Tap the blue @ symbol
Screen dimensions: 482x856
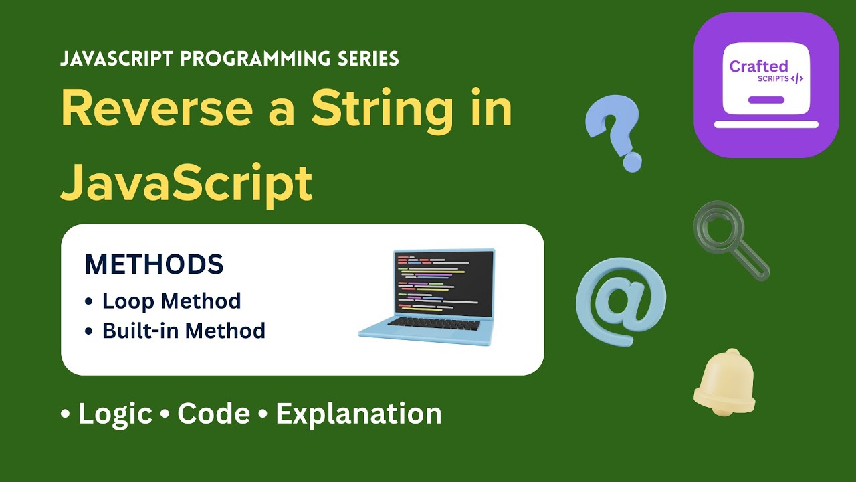click(x=621, y=302)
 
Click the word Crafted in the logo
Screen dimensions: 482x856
click(x=758, y=66)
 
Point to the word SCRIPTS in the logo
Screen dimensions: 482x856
click(x=773, y=79)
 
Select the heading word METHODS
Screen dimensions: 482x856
click(x=154, y=265)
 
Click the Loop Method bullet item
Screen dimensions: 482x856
click(x=171, y=301)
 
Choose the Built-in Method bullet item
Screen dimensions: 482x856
click(x=183, y=331)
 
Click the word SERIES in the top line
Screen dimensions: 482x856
click(x=367, y=59)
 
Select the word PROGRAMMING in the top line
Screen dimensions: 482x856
click(x=257, y=59)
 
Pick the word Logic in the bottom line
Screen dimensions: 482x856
click(x=115, y=414)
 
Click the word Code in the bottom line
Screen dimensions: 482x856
click(x=213, y=414)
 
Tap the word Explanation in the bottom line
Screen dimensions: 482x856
click(x=358, y=414)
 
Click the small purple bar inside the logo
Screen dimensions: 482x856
click(x=766, y=100)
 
